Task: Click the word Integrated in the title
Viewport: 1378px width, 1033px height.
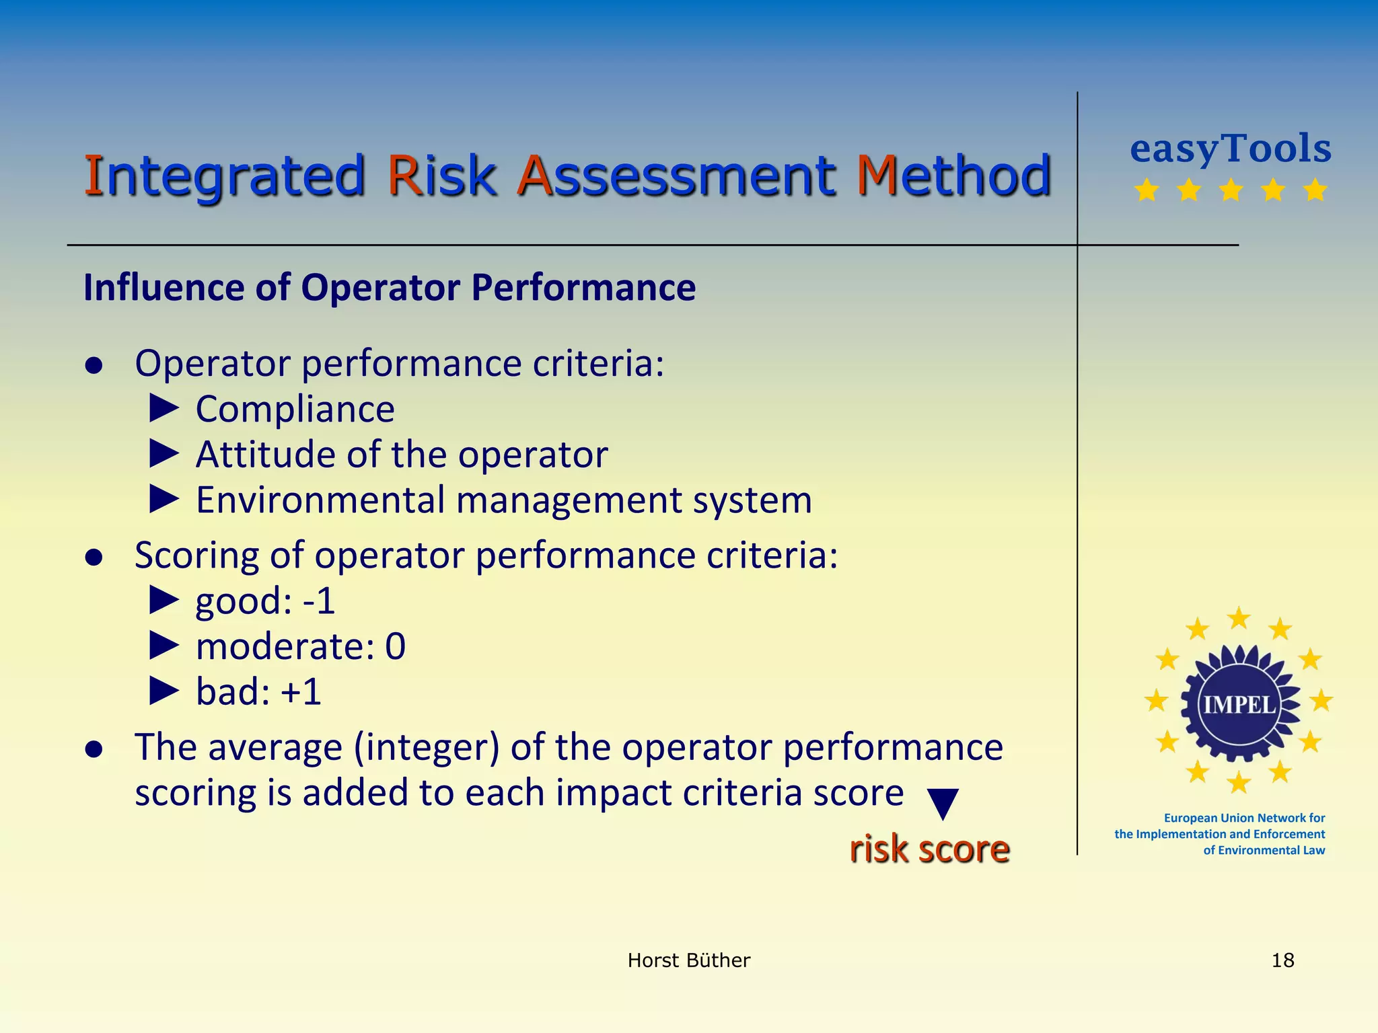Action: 223,176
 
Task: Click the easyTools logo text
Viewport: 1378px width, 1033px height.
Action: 1231,149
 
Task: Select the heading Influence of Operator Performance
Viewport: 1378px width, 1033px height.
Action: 390,288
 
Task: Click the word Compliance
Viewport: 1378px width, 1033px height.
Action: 295,409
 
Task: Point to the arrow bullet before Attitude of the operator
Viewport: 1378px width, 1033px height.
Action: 164,454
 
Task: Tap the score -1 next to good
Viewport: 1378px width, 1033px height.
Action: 319,601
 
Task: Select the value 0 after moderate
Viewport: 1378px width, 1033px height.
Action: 396,646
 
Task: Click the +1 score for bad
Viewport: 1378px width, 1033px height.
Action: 301,692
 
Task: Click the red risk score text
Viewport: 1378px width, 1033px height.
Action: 929,849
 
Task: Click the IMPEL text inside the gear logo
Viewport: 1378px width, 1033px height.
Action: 1239,705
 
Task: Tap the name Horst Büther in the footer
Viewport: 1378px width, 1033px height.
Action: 688,960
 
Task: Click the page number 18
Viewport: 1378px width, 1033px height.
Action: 1282,960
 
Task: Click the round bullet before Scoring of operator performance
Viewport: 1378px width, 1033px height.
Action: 94,557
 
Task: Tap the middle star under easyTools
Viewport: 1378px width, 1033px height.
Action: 1231,190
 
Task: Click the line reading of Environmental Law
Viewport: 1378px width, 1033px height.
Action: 1264,850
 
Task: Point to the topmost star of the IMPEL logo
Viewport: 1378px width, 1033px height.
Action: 1239,617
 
